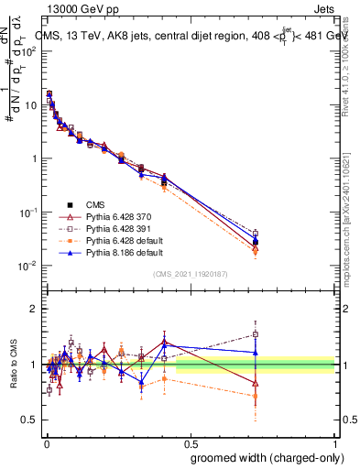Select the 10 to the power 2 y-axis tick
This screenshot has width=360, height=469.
coord(28,50)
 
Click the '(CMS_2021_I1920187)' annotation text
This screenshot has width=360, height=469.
coord(190,274)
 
